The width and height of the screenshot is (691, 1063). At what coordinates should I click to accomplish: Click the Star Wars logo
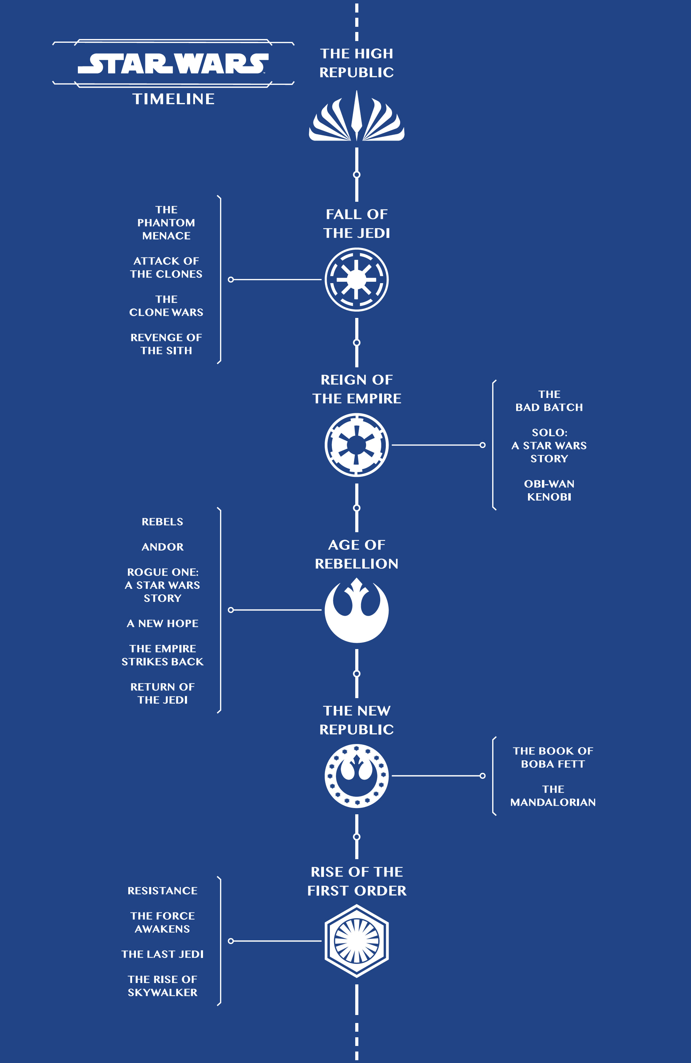(x=173, y=63)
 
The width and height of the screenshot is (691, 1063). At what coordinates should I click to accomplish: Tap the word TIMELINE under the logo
(x=173, y=99)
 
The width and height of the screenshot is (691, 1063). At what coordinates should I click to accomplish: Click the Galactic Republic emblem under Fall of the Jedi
(x=356, y=280)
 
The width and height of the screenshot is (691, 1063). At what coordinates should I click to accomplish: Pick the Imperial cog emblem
(x=356, y=445)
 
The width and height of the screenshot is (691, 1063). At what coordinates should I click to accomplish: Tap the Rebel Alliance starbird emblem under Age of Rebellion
(x=356, y=610)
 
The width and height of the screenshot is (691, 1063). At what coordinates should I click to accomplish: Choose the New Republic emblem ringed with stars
(x=356, y=776)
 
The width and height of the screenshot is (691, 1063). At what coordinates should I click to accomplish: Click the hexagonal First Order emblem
(x=356, y=941)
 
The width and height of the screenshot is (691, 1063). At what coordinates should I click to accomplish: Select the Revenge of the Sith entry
(x=166, y=344)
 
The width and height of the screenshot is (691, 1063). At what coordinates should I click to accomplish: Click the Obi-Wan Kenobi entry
(x=549, y=490)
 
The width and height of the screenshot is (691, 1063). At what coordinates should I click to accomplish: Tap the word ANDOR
(x=162, y=547)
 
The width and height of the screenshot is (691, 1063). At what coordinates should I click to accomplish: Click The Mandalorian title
(x=553, y=796)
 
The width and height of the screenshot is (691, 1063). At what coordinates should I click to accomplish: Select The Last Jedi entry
(x=162, y=954)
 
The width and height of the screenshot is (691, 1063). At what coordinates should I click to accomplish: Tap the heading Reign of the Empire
(x=356, y=389)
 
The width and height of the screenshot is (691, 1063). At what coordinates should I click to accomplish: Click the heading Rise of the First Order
(x=356, y=881)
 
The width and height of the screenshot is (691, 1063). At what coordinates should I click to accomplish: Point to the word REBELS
(x=162, y=522)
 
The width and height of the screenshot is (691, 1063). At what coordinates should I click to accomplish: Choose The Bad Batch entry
(x=549, y=401)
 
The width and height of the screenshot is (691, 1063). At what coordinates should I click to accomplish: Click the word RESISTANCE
(x=162, y=890)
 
